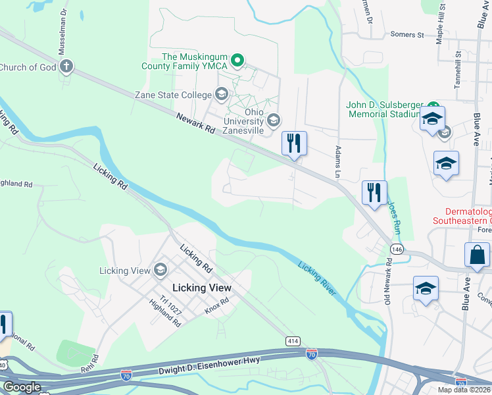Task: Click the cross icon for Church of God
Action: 66,66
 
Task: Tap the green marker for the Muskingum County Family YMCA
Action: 239,61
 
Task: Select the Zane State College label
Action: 173,95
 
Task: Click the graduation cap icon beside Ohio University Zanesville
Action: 274,120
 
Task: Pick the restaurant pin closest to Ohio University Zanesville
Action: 293,143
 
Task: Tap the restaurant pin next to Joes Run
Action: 374,192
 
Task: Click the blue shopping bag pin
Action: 477,255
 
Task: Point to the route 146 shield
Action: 396,249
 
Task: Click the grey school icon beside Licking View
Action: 160,270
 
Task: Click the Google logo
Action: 22,387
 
